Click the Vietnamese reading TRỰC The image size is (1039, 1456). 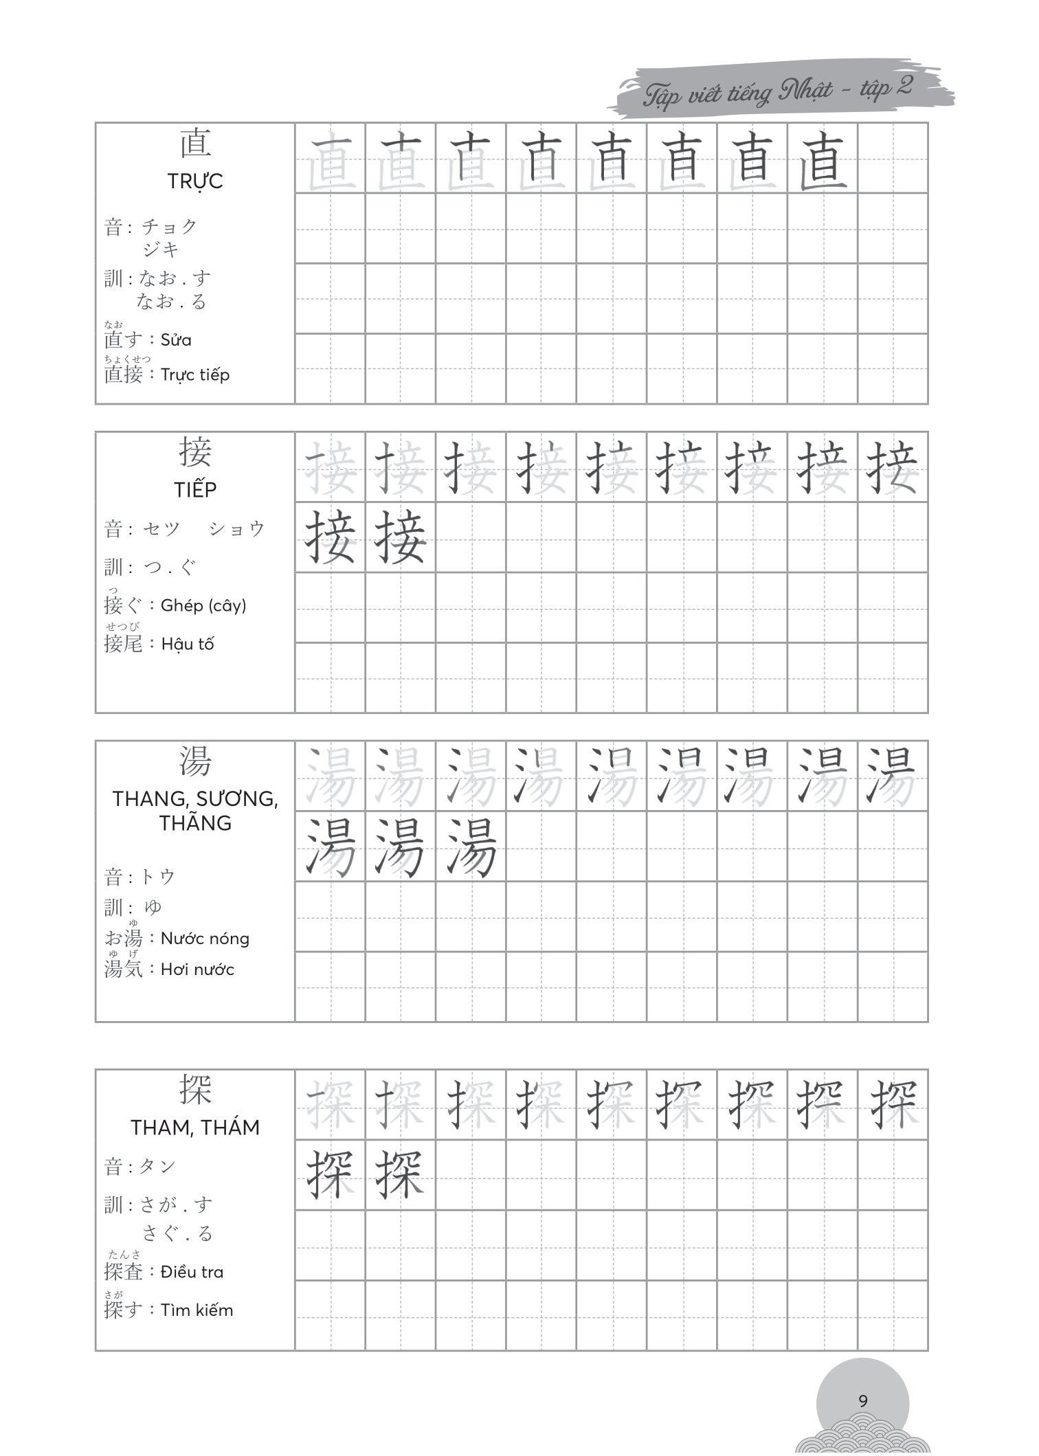(x=195, y=181)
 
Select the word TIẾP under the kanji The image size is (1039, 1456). (x=195, y=490)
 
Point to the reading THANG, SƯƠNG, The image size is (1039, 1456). (x=195, y=798)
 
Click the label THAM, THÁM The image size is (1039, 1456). (x=195, y=1128)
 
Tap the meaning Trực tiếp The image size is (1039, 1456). (x=195, y=375)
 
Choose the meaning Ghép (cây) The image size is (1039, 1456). (x=203, y=605)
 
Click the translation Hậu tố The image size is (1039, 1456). (x=188, y=644)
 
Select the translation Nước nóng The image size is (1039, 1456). (x=205, y=939)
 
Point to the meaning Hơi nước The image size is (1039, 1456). (x=197, y=970)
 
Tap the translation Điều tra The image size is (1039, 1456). (x=192, y=1272)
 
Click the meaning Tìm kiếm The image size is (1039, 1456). (x=197, y=1310)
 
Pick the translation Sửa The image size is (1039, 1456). (x=176, y=340)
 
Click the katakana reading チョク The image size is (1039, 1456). (x=169, y=226)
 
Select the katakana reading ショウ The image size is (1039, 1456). (x=237, y=528)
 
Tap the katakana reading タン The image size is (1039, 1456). (x=158, y=1166)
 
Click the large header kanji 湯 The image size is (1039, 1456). (x=195, y=761)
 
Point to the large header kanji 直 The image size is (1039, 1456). (x=195, y=144)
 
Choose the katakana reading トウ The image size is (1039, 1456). (x=158, y=877)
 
